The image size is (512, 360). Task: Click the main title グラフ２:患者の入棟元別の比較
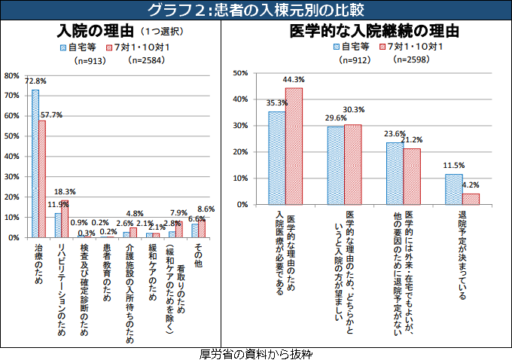[x=255, y=10]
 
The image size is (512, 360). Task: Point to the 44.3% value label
[x=294, y=79]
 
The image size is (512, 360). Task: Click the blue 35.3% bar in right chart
[x=276, y=158]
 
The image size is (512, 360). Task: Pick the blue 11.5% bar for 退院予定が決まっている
[x=453, y=189]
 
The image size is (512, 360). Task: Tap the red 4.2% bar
[x=471, y=199]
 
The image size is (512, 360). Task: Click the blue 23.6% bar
[x=395, y=173]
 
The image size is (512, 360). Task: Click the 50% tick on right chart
[x=241, y=73]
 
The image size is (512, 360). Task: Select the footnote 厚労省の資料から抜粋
[x=256, y=353]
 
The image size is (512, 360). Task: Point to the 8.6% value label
[x=206, y=209]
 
